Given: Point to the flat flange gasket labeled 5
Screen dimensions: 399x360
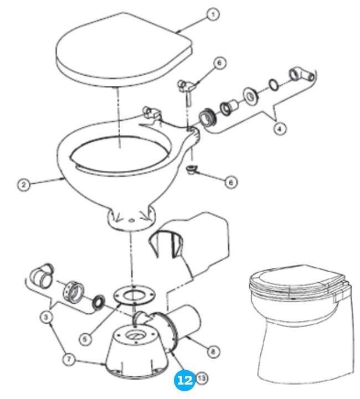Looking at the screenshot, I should pos(131,296).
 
